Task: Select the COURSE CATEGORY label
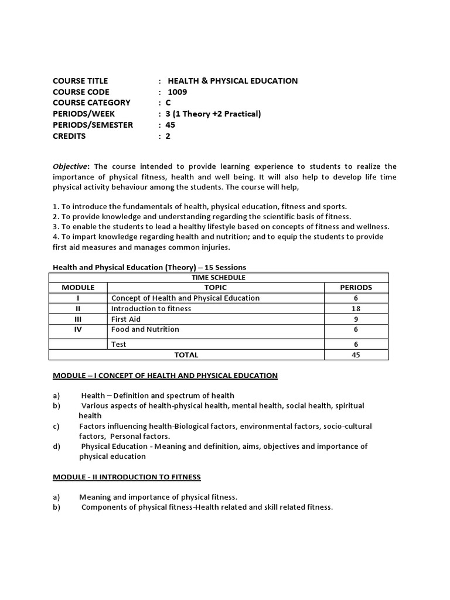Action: pos(91,103)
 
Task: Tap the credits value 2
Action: pos(168,136)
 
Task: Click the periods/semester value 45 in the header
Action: pos(171,125)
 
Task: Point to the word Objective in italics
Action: pos(70,166)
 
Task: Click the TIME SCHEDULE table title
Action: pos(218,277)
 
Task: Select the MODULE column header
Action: pos(79,288)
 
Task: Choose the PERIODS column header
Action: pos(356,288)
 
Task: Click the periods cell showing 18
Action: pos(356,308)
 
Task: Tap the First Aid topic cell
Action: pos(126,319)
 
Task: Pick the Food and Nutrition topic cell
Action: pos(145,329)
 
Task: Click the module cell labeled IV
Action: pos(78,329)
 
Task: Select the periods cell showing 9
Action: pos(356,319)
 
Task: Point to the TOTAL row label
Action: pos(186,354)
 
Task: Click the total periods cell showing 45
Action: pos(356,354)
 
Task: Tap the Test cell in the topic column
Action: pos(119,345)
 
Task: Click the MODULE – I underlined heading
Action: pos(165,375)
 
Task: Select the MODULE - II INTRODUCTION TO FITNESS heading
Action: pos(127,477)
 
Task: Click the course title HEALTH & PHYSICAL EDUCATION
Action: pos(233,81)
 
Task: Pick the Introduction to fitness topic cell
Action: pos(151,308)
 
